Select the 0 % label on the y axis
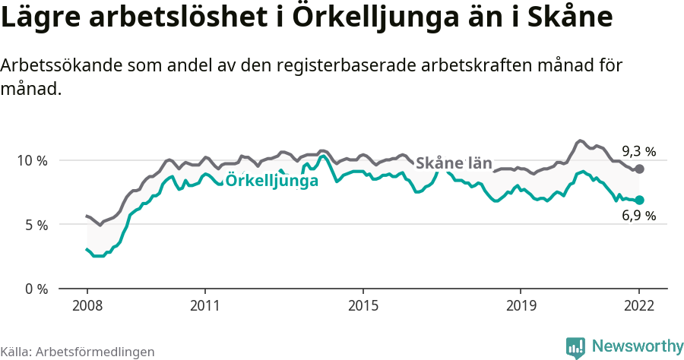(x=36, y=289)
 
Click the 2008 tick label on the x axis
(x=87, y=305)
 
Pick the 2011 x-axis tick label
(x=205, y=305)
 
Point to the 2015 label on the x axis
(x=363, y=305)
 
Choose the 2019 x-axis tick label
(x=521, y=305)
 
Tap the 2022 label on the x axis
(x=639, y=305)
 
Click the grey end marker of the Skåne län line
(x=639, y=169)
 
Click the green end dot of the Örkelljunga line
(x=639, y=200)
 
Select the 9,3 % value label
(x=638, y=150)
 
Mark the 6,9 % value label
(x=638, y=216)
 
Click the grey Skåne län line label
(x=454, y=163)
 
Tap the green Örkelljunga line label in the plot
(x=272, y=181)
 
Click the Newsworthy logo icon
(x=575, y=347)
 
